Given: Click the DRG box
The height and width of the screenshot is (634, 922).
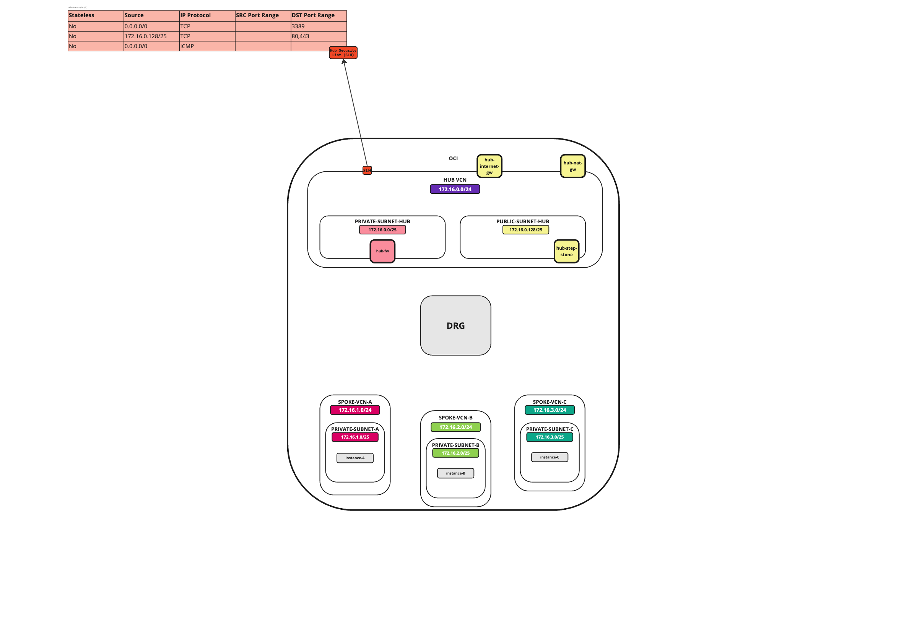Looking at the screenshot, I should [x=455, y=325].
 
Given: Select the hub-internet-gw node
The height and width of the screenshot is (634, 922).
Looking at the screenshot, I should [x=489, y=166].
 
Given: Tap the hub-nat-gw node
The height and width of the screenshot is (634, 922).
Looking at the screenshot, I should [x=572, y=166].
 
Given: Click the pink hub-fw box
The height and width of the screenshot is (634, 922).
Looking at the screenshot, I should [x=382, y=251].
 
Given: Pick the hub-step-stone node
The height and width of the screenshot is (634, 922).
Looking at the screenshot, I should [x=566, y=251].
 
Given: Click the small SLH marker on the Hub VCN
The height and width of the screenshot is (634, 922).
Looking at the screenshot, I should [x=367, y=171].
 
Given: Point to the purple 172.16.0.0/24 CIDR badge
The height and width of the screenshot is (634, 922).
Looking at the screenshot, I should [x=455, y=189].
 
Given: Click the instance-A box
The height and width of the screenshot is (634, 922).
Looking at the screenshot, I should [x=355, y=458].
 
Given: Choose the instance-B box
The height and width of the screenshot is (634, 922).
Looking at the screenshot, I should [x=455, y=473].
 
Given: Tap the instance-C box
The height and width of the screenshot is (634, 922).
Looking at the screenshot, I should [x=550, y=457].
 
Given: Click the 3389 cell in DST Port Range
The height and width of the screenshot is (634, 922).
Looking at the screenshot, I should [x=318, y=26].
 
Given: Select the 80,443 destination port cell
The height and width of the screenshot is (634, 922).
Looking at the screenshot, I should [x=318, y=36].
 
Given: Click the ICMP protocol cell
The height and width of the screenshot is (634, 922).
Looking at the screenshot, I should [x=207, y=46].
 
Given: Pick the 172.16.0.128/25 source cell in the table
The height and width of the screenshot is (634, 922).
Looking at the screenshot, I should [x=151, y=36].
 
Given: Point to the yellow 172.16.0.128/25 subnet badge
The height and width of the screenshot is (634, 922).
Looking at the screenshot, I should [x=525, y=229].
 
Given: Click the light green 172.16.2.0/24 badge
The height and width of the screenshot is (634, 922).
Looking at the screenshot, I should [x=455, y=427].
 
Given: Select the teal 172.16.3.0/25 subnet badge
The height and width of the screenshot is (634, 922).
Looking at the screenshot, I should [x=550, y=437].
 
